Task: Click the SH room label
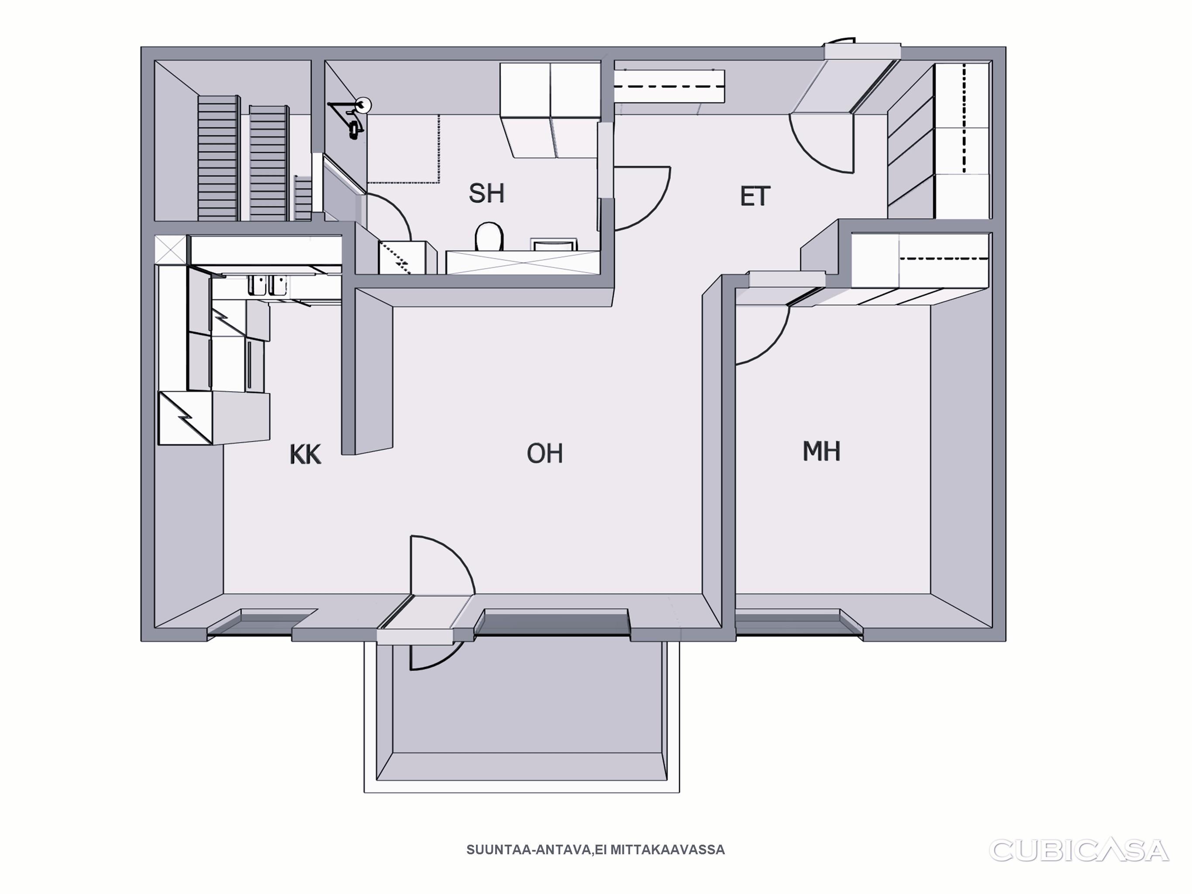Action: tap(486, 193)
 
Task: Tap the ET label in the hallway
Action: tap(755, 196)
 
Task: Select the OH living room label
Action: tap(545, 454)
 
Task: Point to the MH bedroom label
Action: tap(821, 451)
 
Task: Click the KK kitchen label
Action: tap(306, 454)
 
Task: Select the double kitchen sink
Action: tap(268, 285)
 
